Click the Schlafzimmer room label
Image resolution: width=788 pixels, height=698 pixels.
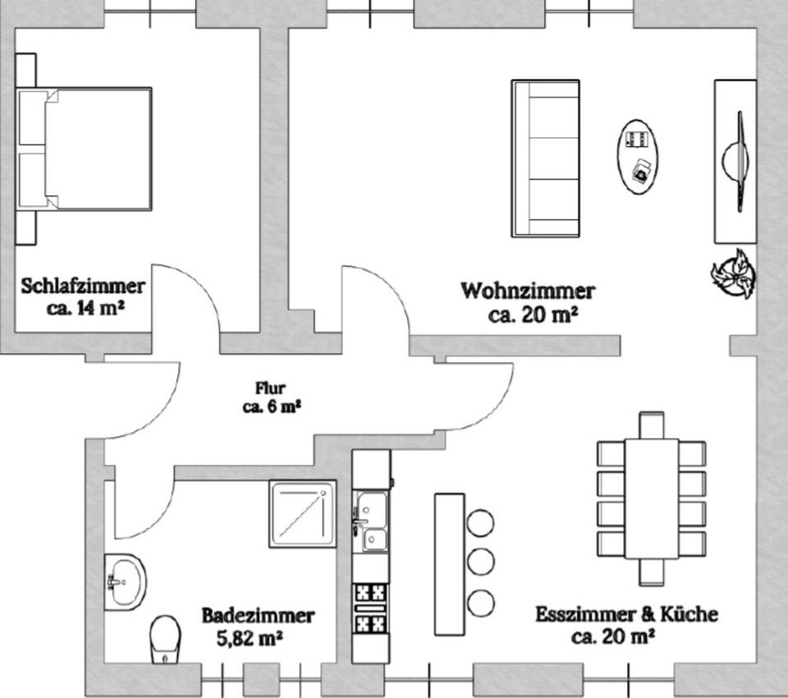(x=84, y=287)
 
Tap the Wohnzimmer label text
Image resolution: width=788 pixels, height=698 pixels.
(x=528, y=291)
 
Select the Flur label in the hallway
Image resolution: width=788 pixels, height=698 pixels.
(x=270, y=388)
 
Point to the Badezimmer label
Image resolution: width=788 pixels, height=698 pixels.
(x=258, y=615)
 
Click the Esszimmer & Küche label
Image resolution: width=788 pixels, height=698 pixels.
(x=627, y=614)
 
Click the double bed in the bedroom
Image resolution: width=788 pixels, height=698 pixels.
(x=90, y=149)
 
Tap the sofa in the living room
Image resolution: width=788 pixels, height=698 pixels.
(x=545, y=158)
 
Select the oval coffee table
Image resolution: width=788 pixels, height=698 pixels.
(x=640, y=155)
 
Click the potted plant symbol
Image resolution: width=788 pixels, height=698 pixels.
(x=733, y=273)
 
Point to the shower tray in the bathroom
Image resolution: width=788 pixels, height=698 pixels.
(x=303, y=513)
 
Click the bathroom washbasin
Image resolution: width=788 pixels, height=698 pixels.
(x=124, y=581)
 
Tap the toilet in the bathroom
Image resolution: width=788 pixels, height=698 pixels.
(x=165, y=639)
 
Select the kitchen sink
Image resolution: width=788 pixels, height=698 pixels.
(x=371, y=521)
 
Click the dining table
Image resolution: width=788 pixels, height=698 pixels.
(x=651, y=498)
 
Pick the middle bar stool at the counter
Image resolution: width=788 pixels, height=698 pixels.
(x=481, y=563)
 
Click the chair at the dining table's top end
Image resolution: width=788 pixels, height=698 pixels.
(x=651, y=425)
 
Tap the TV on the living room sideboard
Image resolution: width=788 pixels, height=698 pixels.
(x=739, y=161)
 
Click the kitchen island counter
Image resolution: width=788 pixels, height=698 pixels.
(x=449, y=563)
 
